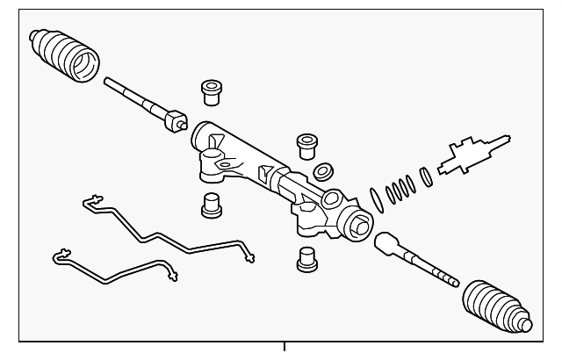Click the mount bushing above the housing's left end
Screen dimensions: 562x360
(210, 90)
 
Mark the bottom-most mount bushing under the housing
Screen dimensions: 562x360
(306, 258)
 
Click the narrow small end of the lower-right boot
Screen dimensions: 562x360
(524, 323)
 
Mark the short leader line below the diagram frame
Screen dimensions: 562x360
(285, 349)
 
